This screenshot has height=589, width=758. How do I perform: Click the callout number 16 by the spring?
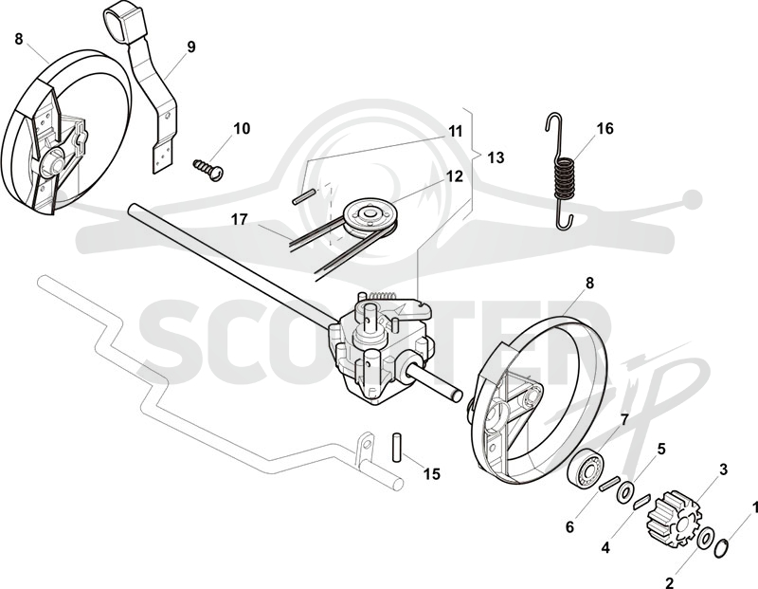tap(605, 129)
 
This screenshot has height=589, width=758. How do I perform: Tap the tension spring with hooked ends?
tap(563, 171)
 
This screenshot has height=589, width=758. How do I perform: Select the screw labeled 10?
tap(208, 168)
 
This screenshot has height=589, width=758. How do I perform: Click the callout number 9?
tap(191, 47)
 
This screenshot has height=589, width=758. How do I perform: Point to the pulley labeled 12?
tap(370, 216)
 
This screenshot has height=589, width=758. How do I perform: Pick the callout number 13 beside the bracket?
tap(496, 157)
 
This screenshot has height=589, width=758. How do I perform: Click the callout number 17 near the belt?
tap(240, 220)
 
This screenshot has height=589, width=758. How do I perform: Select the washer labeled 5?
tap(627, 492)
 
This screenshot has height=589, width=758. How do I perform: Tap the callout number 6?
tap(570, 527)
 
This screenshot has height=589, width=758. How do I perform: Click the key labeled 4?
tap(643, 502)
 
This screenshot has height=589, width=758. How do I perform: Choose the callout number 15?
tap(432, 474)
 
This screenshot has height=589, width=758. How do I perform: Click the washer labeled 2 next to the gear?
tap(705, 538)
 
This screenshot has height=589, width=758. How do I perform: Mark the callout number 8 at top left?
tap(19, 39)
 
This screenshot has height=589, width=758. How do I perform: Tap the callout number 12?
tap(455, 176)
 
